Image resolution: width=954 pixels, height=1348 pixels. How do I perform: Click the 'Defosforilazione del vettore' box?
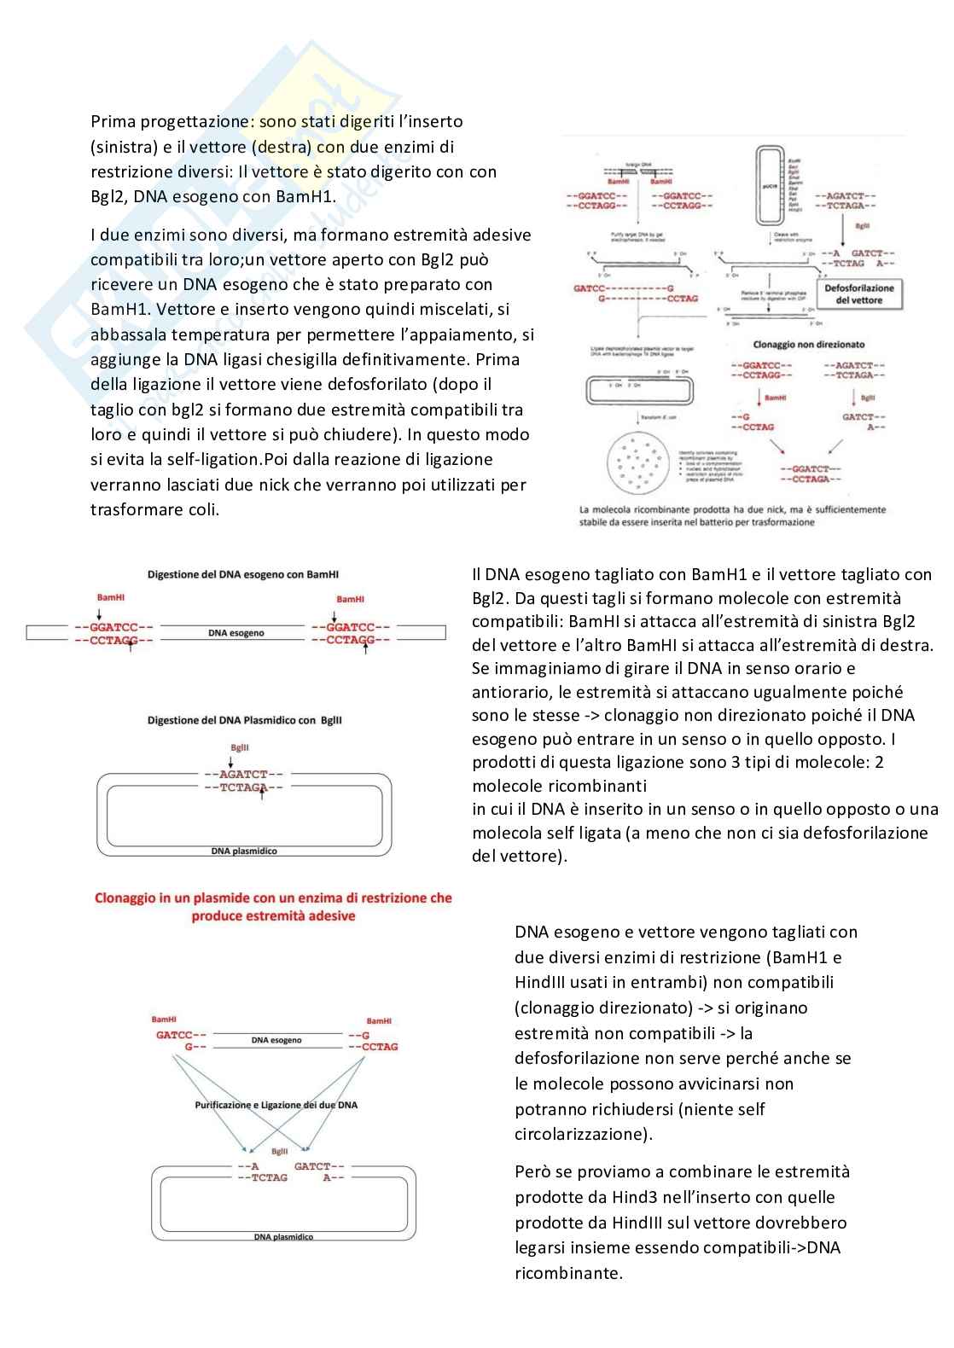click(x=859, y=294)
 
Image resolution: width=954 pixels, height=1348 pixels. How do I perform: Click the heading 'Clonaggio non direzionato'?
click(x=808, y=345)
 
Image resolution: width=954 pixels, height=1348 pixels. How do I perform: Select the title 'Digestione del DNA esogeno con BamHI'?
click(x=243, y=574)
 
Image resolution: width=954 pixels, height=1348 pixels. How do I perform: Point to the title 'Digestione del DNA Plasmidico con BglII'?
click(x=245, y=720)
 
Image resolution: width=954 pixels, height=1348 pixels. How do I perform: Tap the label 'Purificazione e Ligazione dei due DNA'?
click(x=276, y=1105)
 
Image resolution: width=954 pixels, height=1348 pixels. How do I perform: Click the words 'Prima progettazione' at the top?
click(x=170, y=121)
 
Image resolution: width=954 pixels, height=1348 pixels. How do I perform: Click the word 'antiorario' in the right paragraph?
click(x=511, y=692)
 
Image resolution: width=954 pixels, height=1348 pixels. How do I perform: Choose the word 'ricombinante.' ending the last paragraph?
click(x=567, y=1273)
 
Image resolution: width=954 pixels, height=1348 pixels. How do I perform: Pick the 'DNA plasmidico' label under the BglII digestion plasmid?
click(x=244, y=851)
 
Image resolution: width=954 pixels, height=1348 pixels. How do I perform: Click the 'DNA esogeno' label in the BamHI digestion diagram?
click(x=236, y=633)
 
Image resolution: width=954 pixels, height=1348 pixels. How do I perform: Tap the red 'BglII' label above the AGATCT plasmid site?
click(x=239, y=747)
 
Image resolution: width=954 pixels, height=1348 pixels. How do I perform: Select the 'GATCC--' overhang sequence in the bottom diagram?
click(x=181, y=1035)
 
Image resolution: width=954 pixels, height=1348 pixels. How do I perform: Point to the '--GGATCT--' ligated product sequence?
click(x=811, y=468)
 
